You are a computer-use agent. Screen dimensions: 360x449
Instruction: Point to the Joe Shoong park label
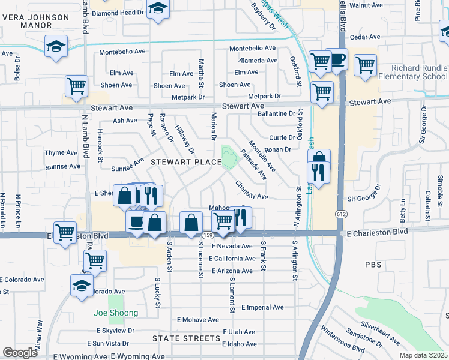point(116,313)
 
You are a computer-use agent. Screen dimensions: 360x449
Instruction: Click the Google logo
point(20,352)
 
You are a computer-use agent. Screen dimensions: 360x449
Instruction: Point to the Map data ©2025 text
point(424,355)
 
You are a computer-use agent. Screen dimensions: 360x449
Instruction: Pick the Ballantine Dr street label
point(275,113)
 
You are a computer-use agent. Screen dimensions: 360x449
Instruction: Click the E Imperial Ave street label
point(262,307)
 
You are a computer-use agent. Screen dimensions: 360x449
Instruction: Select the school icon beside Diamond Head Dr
point(158,8)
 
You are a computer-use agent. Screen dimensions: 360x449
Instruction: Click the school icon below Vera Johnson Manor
point(55,46)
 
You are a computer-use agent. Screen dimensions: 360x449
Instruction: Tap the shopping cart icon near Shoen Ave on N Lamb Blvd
point(76,86)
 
